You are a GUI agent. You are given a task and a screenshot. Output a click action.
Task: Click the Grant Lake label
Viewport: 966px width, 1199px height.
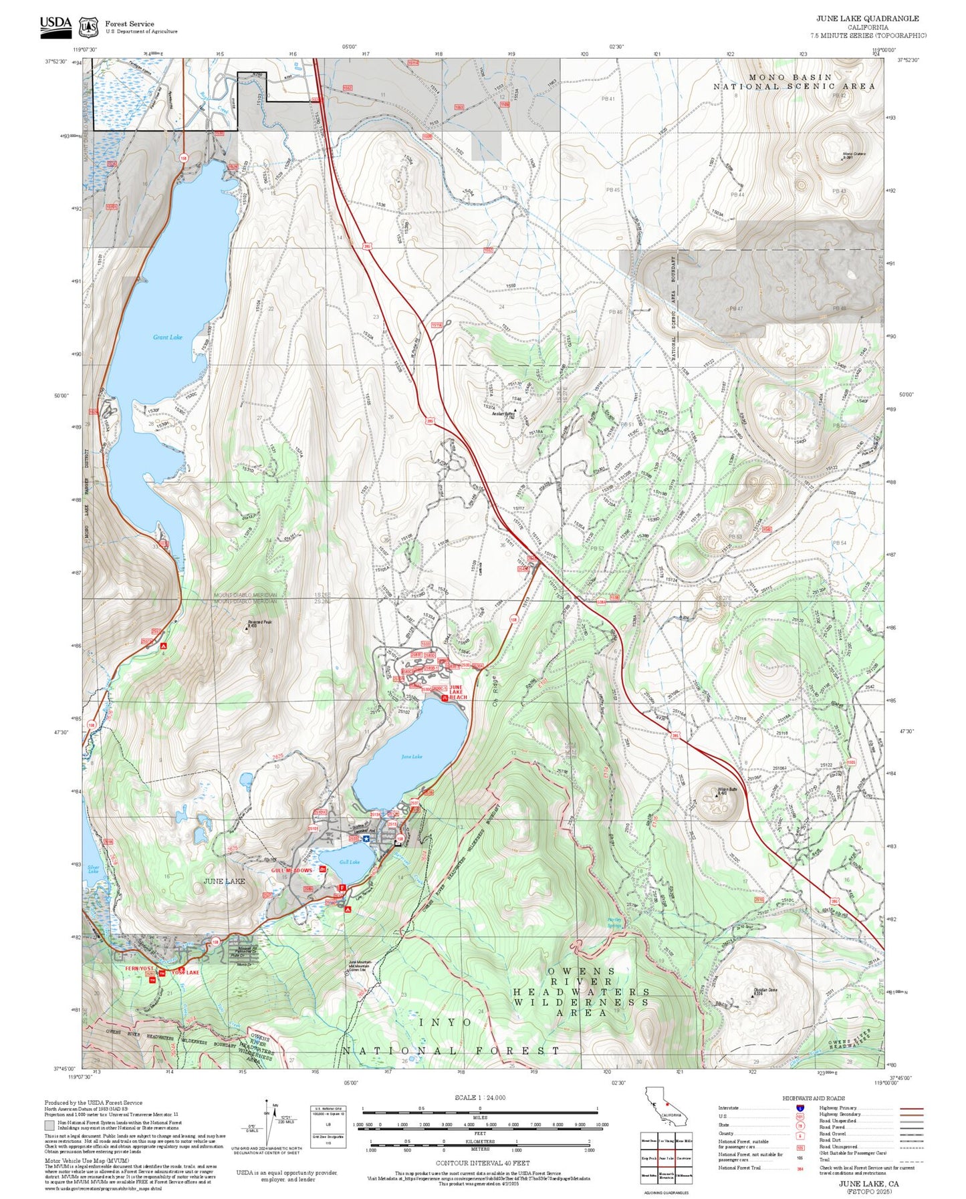167,338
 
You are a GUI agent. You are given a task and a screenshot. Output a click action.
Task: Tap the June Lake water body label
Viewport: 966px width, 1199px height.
411,757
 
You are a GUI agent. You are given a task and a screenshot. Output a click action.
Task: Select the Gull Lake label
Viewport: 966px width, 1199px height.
349,862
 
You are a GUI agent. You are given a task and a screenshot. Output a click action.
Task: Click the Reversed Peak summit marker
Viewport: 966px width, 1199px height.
247,628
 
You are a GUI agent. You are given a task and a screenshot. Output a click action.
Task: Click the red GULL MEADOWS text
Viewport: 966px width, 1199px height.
291,871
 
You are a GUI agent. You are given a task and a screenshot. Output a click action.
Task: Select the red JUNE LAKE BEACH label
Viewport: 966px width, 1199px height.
457,692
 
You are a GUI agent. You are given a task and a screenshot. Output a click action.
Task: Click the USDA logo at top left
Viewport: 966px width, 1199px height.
55,25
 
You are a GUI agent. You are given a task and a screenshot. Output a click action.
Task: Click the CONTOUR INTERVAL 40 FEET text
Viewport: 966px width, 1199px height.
483,1163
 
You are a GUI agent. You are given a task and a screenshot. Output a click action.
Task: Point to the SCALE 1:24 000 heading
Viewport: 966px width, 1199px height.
479,1097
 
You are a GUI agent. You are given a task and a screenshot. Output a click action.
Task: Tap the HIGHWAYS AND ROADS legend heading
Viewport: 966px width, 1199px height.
813,1098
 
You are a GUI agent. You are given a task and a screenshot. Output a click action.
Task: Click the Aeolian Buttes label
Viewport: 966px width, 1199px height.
503,414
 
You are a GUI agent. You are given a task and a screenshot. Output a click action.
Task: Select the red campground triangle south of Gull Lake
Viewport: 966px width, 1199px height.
348,910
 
